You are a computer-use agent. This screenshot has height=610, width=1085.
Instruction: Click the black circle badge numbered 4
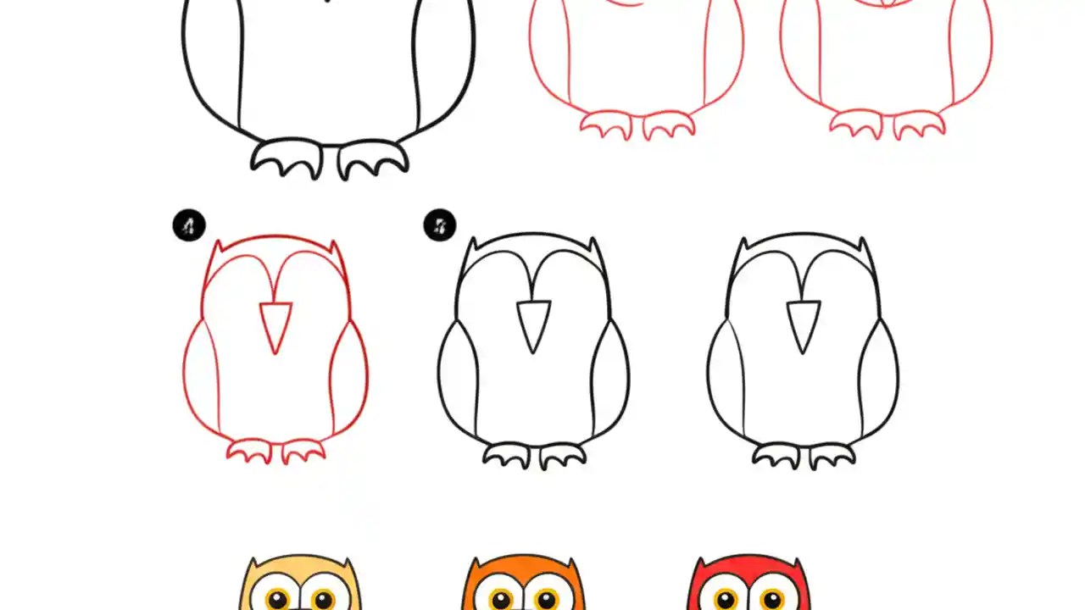[x=189, y=226]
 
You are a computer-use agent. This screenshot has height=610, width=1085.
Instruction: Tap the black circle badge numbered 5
[x=440, y=226]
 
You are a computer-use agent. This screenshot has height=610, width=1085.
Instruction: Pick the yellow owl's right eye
[x=323, y=599]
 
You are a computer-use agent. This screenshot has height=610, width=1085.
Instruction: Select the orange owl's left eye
[x=501, y=599]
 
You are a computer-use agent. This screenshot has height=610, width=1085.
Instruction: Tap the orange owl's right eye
[x=548, y=599]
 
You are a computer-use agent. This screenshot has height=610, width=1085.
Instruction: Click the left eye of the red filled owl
[x=726, y=599]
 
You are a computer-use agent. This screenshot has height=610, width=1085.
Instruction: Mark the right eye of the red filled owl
[x=772, y=599]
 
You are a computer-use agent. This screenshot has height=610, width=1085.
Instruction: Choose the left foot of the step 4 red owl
[x=249, y=451]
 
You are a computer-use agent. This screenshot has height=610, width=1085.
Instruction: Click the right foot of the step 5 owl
[x=562, y=455]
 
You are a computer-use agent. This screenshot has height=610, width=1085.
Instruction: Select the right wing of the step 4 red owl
[x=349, y=377]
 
